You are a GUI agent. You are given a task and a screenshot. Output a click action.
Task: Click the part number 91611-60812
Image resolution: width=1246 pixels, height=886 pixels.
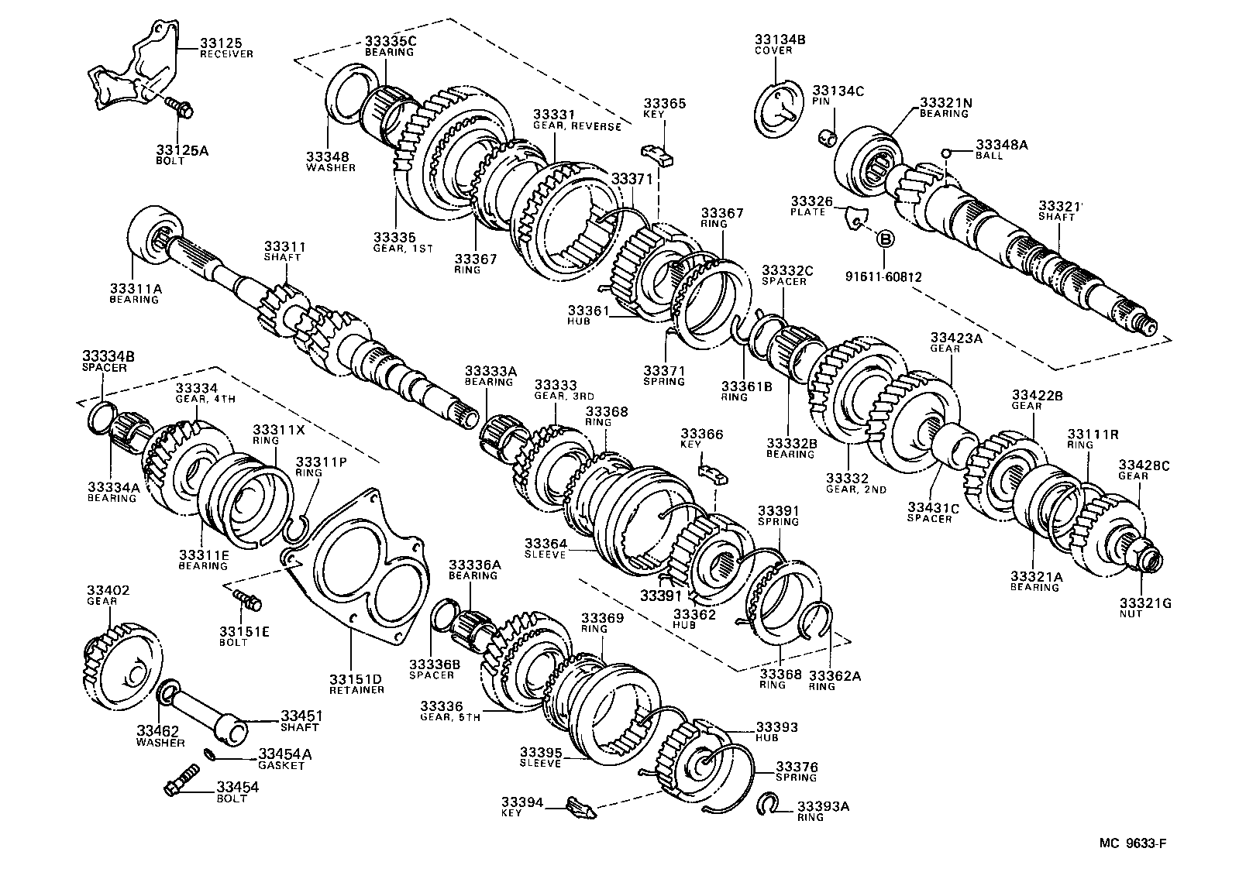click(x=883, y=276)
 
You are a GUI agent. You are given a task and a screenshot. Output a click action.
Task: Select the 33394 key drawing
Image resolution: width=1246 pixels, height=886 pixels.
click(x=581, y=808)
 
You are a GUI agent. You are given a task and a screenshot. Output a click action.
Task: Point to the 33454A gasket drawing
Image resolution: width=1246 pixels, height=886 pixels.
click(x=209, y=754)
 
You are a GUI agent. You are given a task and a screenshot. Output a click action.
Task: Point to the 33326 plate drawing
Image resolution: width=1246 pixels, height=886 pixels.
click(x=855, y=218)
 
